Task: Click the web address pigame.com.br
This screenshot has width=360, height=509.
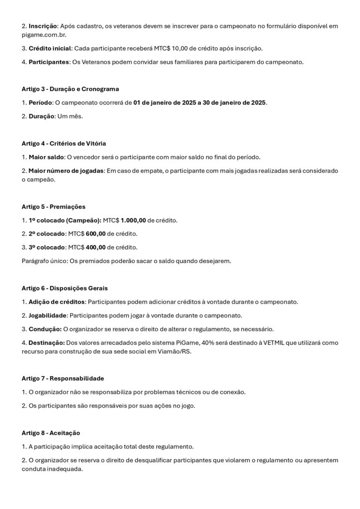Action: pos(44,36)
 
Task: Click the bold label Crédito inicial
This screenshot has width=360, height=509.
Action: pos(50,49)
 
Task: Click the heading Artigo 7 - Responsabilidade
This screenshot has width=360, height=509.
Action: pos(63,378)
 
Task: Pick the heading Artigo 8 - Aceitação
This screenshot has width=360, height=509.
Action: pos(51,433)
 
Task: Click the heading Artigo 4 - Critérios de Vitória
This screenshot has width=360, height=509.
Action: pos(64,144)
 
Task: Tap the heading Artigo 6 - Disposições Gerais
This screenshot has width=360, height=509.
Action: pos(65,288)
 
